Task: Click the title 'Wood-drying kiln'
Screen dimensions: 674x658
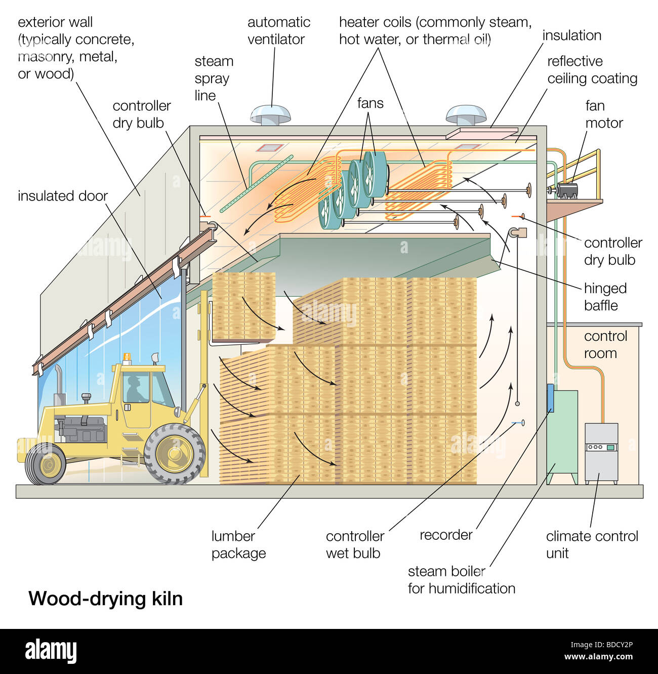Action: [x=105, y=599]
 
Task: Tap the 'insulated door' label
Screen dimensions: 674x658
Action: [x=63, y=196]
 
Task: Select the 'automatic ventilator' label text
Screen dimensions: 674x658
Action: [x=278, y=30]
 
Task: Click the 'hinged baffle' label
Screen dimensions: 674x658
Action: [x=605, y=297]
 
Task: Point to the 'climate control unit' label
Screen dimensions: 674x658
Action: [x=592, y=544]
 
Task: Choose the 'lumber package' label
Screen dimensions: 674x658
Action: [x=238, y=544]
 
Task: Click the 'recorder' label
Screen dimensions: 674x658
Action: [x=446, y=535]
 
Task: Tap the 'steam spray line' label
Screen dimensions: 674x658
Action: [x=214, y=78]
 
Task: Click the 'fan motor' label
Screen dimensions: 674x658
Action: [x=603, y=114]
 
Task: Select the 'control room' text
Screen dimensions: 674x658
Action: [x=605, y=344]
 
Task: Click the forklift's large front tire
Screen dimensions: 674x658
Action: [x=175, y=453]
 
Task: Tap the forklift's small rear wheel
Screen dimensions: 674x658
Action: [x=46, y=464]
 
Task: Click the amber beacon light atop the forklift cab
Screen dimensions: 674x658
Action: [x=127, y=358]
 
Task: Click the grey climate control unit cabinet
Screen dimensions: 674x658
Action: [x=601, y=453]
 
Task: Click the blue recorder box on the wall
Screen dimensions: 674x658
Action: [x=550, y=398]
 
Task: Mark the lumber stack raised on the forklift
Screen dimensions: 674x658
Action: [x=244, y=305]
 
